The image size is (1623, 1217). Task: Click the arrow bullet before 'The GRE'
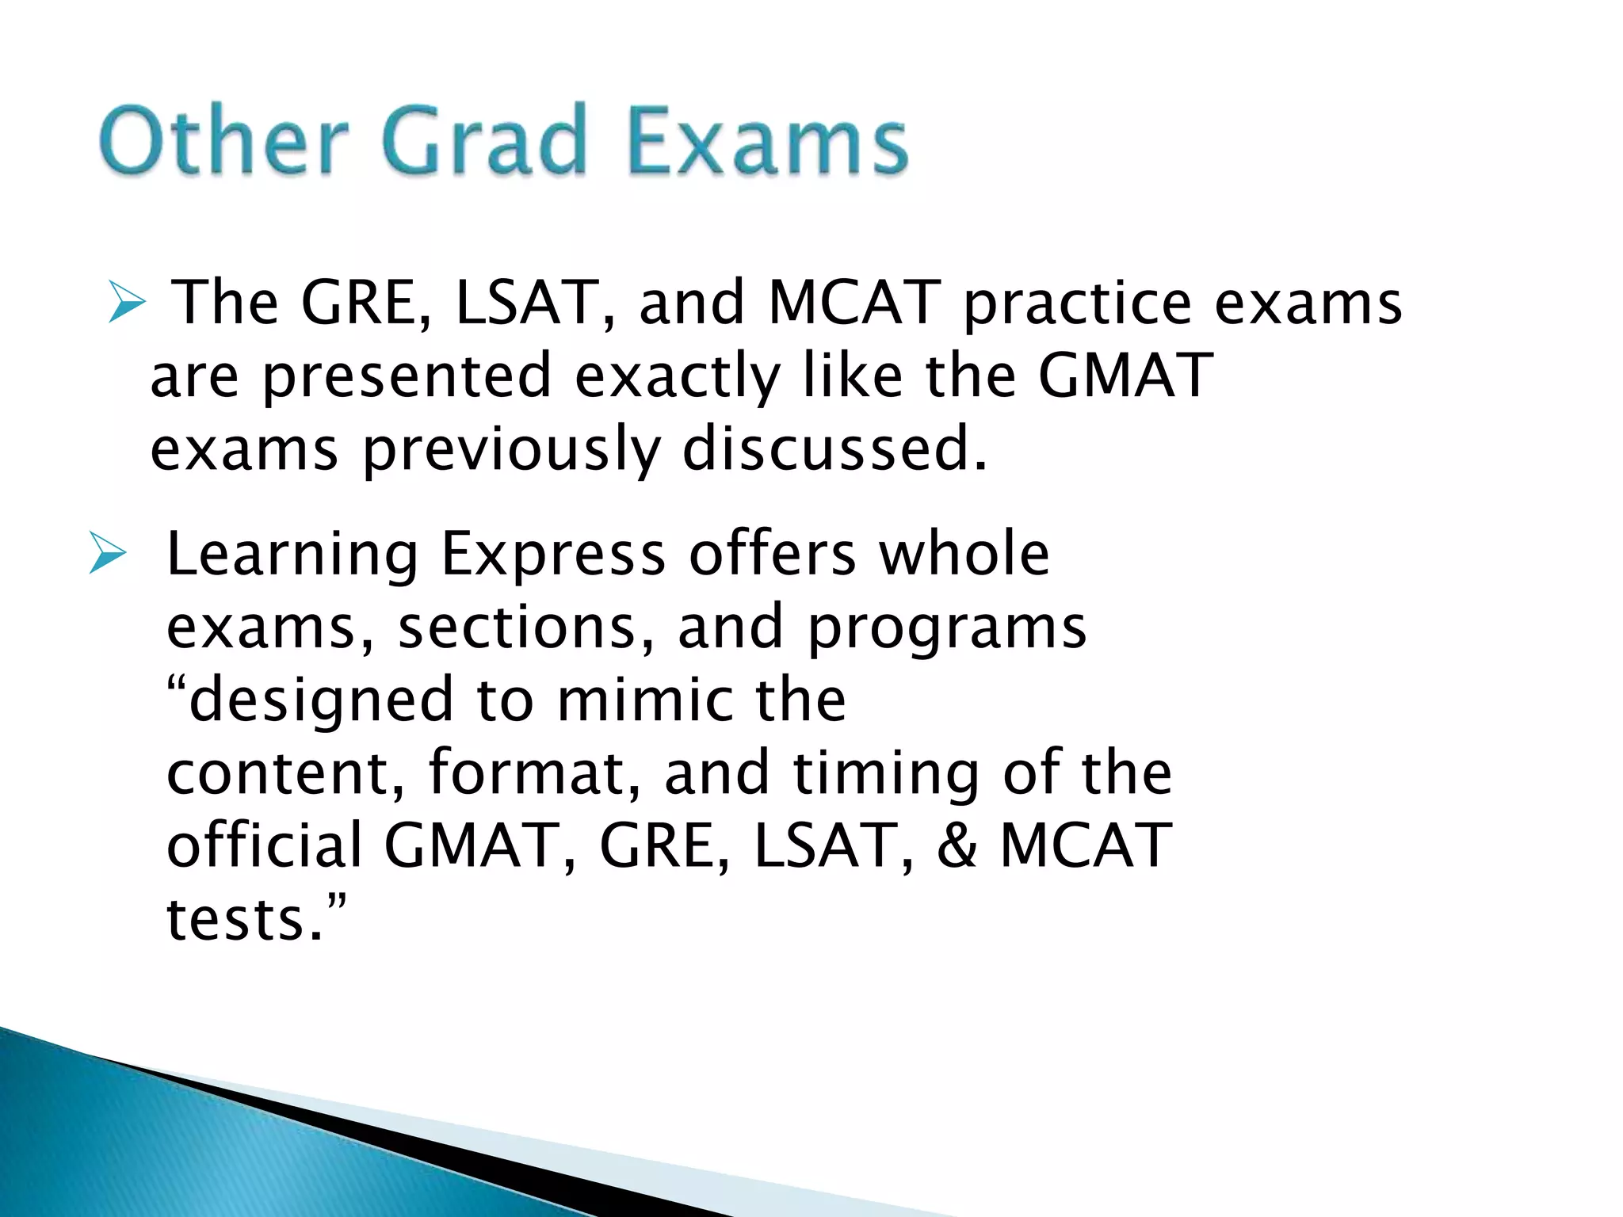coord(127,304)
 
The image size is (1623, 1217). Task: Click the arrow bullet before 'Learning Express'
coord(108,554)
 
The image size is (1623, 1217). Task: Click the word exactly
coord(678,376)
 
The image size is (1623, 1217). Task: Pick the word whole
coord(964,554)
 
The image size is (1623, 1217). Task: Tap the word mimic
coord(646,700)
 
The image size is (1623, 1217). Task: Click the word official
coord(265,845)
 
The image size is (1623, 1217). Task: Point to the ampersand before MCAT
coord(957,845)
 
